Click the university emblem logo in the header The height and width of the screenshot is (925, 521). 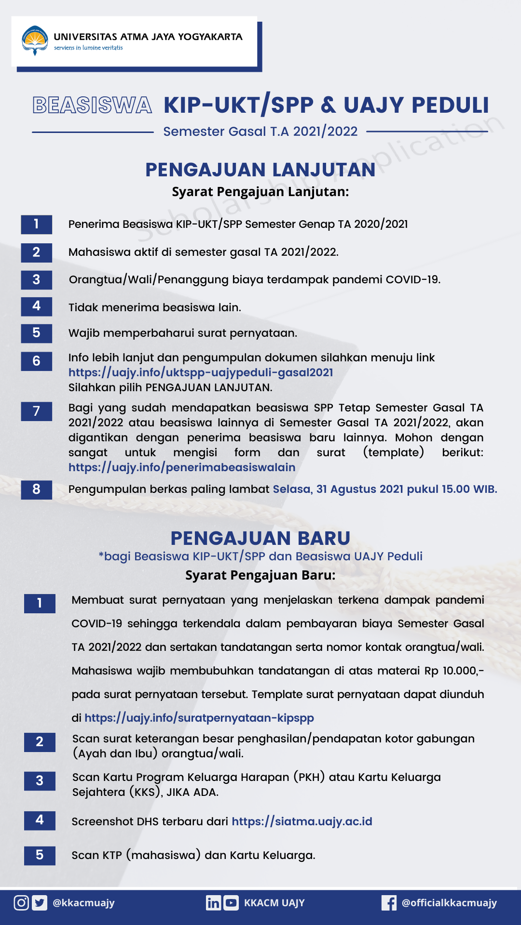[x=35, y=40]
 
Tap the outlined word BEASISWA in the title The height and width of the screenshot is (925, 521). [x=92, y=106]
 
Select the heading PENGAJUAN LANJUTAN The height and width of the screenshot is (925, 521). [x=260, y=170]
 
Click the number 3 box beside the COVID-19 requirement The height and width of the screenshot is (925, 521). [x=36, y=279]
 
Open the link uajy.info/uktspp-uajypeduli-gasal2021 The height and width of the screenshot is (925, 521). [x=201, y=372]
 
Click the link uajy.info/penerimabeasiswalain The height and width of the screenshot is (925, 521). [x=182, y=467]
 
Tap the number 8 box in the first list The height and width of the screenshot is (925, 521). [x=36, y=489]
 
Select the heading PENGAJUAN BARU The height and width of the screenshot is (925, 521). [x=260, y=538]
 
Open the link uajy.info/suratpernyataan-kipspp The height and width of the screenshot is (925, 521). [x=199, y=718]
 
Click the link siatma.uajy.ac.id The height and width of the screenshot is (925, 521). [x=302, y=821]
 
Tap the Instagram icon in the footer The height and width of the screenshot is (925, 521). [x=21, y=902]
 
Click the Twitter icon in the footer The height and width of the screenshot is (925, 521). [x=40, y=902]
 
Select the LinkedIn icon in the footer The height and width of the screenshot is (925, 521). [x=213, y=902]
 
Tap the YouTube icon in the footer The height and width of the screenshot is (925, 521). [x=231, y=902]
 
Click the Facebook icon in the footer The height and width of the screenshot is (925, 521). [x=389, y=902]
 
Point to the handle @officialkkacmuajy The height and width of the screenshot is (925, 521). [x=449, y=903]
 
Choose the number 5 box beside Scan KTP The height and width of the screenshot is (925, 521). [x=40, y=855]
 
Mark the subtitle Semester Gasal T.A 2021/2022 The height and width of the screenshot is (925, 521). [x=260, y=132]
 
